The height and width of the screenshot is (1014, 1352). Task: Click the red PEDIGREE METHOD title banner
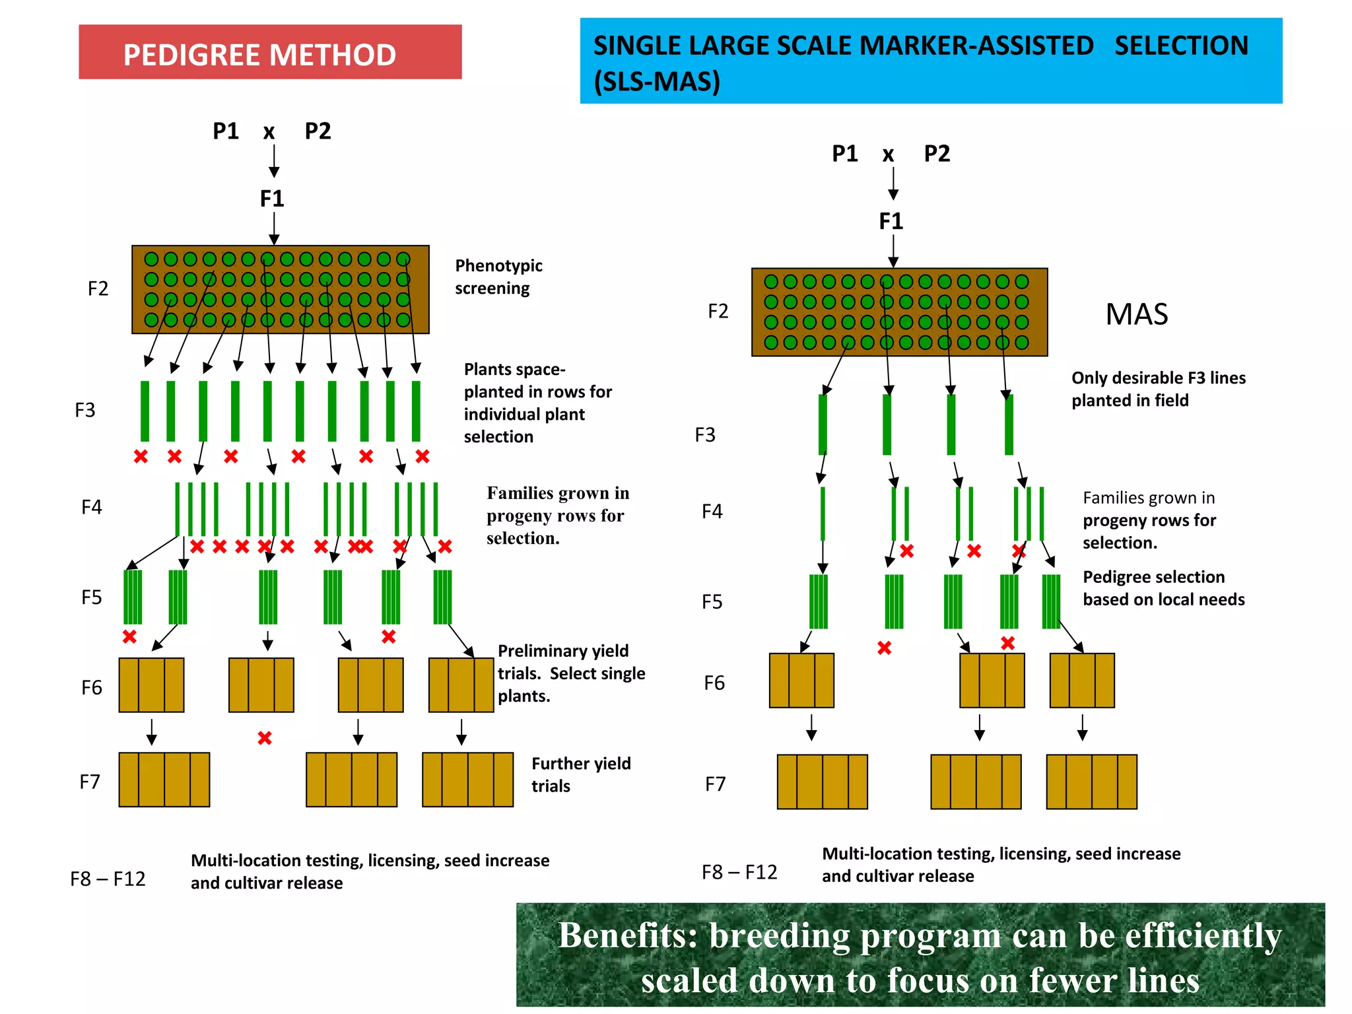(269, 53)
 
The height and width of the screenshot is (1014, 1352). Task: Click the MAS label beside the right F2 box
(1136, 314)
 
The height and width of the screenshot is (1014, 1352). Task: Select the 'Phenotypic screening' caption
(498, 277)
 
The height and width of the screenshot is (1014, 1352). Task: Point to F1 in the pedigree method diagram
(272, 199)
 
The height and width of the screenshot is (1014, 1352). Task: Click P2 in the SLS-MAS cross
(936, 154)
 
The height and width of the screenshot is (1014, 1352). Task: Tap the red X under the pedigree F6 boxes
(265, 738)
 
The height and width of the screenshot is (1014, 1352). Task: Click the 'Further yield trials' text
(580, 774)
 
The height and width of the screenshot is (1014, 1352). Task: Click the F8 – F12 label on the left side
(108, 879)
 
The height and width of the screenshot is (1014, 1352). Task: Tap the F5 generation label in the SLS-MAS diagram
(712, 602)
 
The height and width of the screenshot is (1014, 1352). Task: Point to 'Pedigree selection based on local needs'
(1163, 588)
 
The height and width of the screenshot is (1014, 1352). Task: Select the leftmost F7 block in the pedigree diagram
(164, 780)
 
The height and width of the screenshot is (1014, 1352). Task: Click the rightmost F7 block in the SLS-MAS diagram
(1091, 782)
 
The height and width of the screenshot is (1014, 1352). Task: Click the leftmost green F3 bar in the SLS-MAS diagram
(823, 424)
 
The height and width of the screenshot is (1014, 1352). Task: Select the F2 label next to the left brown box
(98, 288)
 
